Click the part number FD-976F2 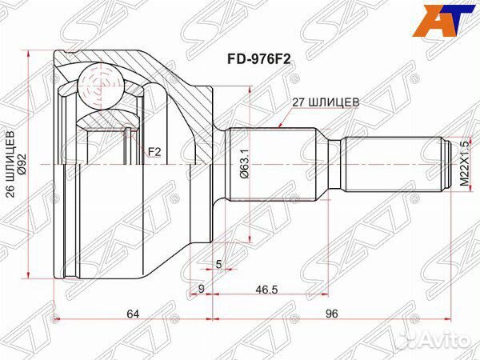(x=258, y=58)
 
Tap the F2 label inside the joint (x=154, y=150)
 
